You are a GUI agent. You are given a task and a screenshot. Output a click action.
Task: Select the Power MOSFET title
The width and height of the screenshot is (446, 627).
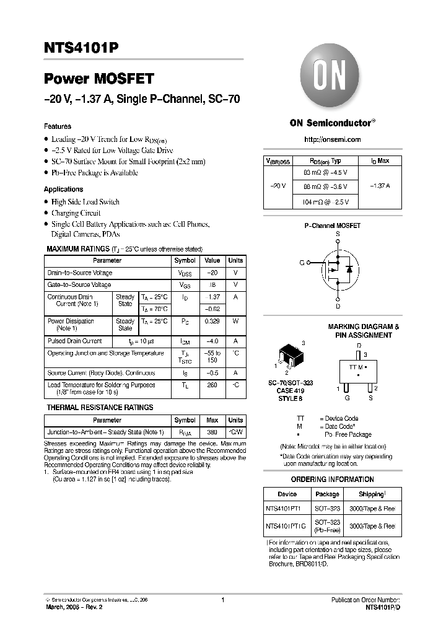pos(98,79)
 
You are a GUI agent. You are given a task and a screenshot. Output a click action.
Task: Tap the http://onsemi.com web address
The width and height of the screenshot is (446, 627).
pos(332,139)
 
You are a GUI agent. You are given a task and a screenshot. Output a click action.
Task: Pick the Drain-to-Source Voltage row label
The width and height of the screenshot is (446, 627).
pos(80,273)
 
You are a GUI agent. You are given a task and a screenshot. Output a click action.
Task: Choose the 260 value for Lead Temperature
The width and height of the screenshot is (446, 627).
pos(212,385)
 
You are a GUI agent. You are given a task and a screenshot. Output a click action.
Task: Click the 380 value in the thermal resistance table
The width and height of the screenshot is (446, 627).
pos(212,432)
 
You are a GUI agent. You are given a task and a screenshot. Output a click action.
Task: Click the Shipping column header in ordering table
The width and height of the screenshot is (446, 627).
pos(372,494)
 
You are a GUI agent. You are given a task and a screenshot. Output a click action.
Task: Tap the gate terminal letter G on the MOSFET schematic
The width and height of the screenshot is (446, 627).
pos(302,263)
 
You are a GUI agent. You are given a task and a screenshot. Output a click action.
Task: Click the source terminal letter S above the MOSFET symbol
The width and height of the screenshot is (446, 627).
pos(338,234)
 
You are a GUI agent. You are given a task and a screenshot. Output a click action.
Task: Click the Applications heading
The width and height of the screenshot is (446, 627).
pos(63,189)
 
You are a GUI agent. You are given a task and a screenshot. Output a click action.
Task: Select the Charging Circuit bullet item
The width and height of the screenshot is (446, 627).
pos(76,213)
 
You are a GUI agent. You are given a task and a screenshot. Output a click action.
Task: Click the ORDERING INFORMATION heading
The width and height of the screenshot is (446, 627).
pos(332,479)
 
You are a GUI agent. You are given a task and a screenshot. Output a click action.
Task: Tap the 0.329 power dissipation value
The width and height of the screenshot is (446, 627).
pos(212,321)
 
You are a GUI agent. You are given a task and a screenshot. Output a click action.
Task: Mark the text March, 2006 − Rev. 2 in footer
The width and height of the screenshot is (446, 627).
pos(74,607)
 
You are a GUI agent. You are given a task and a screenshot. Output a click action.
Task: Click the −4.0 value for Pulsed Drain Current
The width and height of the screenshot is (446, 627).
pos(212,341)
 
